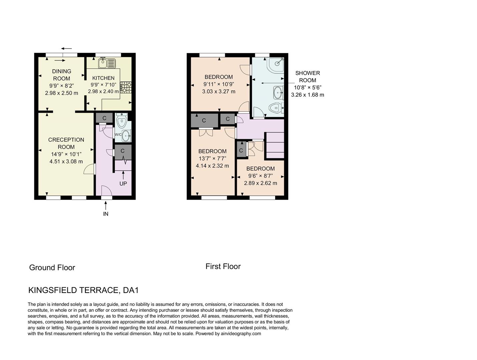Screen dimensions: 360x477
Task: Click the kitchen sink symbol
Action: pyautogui.click(x=107, y=62)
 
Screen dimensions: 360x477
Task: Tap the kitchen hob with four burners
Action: pyautogui.click(x=126, y=87)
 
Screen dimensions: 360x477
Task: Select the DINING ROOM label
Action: pyautogui.click(x=62, y=75)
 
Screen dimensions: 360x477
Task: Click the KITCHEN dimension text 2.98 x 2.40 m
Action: pyautogui.click(x=103, y=91)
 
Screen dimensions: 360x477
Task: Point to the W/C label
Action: pyautogui.click(x=118, y=135)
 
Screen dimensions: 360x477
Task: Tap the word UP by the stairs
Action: pyautogui.click(x=123, y=184)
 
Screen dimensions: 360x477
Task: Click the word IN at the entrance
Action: pyautogui.click(x=106, y=214)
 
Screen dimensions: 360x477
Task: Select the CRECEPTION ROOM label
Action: pyautogui.click(x=66, y=143)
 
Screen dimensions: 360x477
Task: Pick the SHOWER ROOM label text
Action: pyautogui.click(x=307, y=77)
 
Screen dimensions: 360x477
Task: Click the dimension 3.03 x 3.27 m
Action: pyautogui.click(x=218, y=91)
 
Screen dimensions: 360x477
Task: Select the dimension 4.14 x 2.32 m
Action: pyautogui.click(x=212, y=166)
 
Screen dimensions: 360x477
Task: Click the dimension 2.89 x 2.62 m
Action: pyautogui.click(x=261, y=183)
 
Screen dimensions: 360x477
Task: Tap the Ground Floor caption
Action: pyautogui.click(x=52, y=267)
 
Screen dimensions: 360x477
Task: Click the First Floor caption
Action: pyautogui.click(x=223, y=266)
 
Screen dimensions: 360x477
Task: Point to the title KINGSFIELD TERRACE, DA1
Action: pyautogui.click(x=83, y=290)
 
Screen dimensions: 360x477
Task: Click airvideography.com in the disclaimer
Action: pyautogui.click(x=241, y=333)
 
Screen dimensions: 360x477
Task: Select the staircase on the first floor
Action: pyautogui.click(x=275, y=145)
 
